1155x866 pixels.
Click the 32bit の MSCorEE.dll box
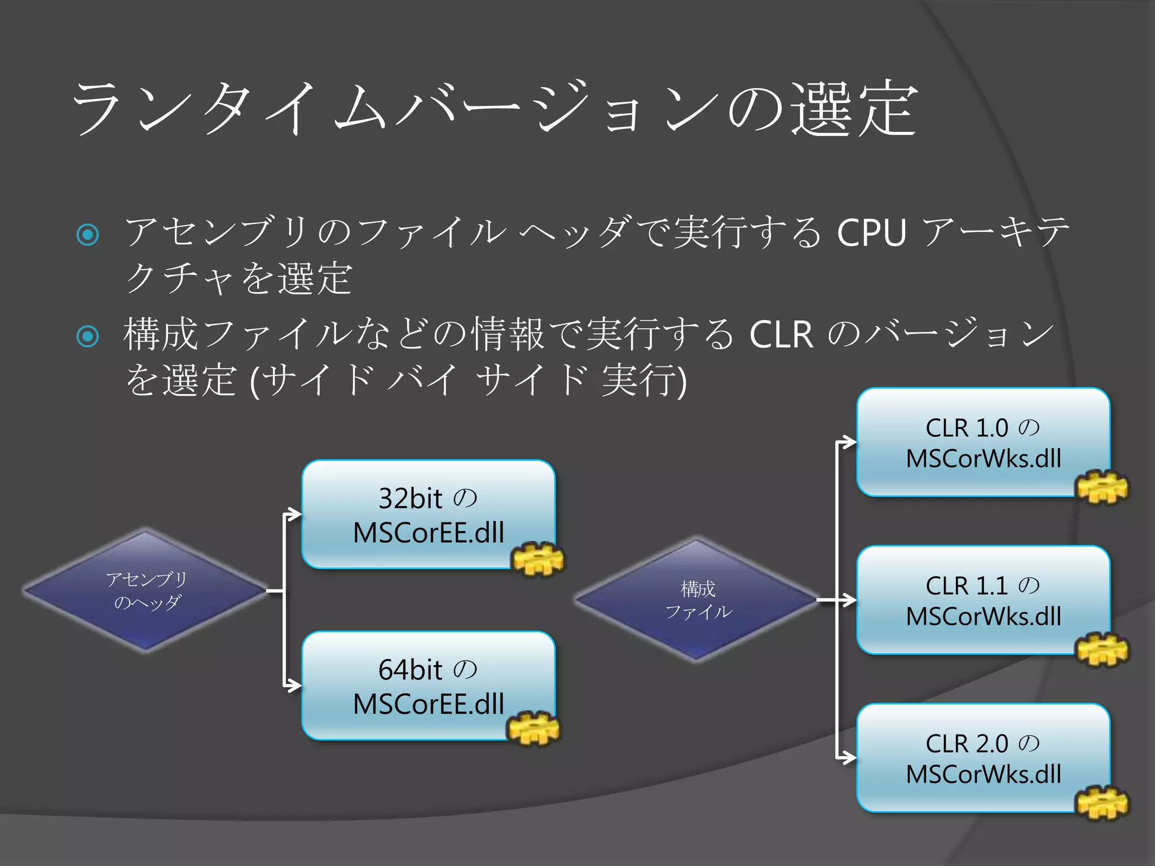(x=427, y=514)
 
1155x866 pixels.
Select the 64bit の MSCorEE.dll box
(x=427, y=686)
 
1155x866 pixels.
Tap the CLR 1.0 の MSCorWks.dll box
(x=982, y=442)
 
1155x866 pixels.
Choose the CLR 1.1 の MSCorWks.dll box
(x=982, y=600)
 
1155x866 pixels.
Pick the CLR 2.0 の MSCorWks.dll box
(x=982, y=758)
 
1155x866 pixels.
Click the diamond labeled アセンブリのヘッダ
(x=146, y=591)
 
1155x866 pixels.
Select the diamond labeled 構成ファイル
(x=697, y=600)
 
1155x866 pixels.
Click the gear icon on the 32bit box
(x=537, y=559)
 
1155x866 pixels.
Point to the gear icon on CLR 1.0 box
(x=1103, y=487)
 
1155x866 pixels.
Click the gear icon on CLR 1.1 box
(x=1103, y=649)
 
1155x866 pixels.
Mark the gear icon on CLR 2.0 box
(x=1103, y=803)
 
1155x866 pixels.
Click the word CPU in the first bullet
(x=871, y=232)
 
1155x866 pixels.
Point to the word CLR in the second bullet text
(x=781, y=334)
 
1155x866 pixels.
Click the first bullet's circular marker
(x=87, y=234)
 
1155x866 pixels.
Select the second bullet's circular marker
(x=87, y=337)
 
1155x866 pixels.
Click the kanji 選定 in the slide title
(x=853, y=108)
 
